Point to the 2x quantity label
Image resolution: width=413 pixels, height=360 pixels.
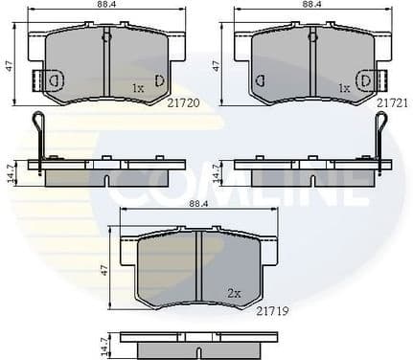tap(236, 293)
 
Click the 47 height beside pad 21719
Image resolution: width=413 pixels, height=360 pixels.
tap(103, 272)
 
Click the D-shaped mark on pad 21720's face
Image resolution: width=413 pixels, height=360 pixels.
tap(159, 79)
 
